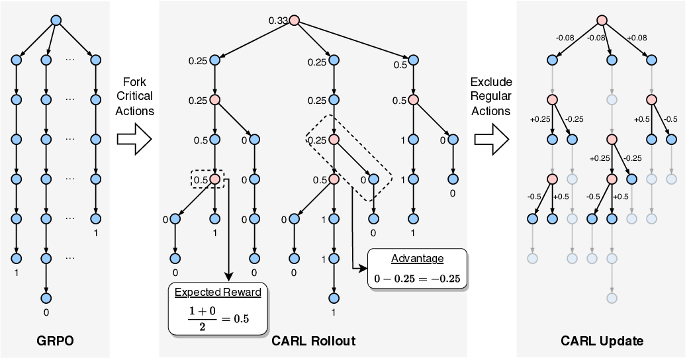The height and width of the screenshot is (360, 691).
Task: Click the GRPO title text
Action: point(56,341)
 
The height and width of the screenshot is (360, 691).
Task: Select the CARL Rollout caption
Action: point(313,341)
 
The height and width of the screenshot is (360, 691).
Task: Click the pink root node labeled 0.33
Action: point(294,21)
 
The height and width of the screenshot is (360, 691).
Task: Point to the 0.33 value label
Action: point(277,21)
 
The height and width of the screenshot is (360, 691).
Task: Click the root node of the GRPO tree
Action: point(56,21)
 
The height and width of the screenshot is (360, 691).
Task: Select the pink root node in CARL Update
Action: point(602,21)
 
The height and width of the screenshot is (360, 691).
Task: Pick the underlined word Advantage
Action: point(417,259)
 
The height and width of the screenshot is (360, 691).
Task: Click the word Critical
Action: point(134,96)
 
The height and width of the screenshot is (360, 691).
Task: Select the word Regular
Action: point(490,96)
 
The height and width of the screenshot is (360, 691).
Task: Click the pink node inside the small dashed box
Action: point(215,179)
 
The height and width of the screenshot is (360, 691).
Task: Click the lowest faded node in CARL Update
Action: point(612,298)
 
